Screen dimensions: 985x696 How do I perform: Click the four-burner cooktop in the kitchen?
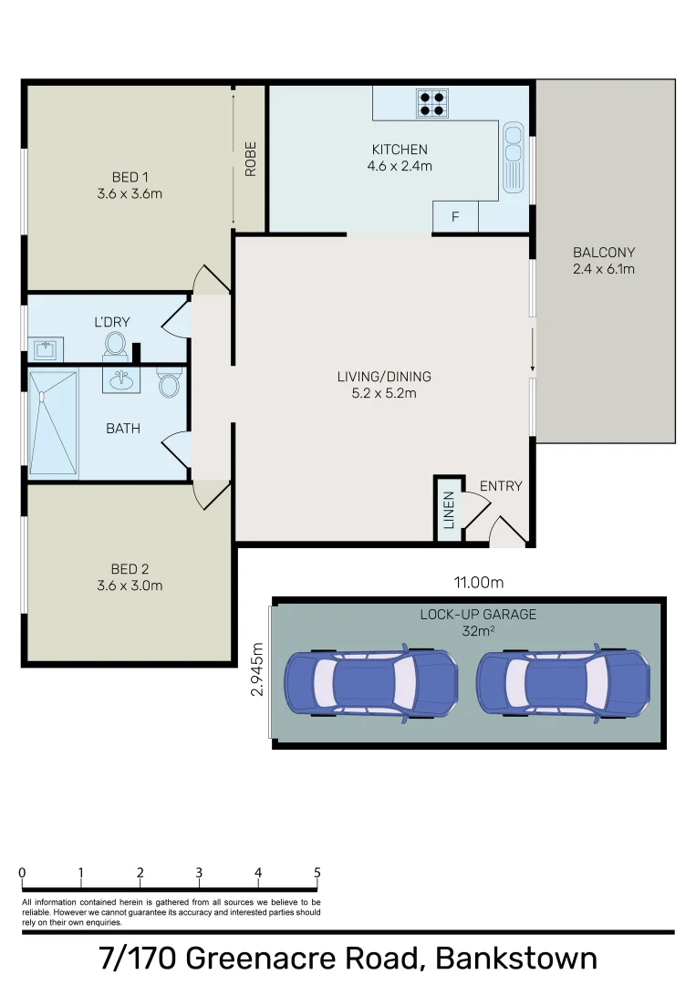431,103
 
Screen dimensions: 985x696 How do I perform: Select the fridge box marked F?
455,217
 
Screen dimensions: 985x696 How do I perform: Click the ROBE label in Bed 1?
250,158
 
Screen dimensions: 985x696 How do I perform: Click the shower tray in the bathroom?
53,424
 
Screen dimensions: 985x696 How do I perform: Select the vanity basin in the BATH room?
120,379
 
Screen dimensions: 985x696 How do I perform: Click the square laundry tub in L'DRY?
45,349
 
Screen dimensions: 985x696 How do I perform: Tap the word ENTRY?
501,486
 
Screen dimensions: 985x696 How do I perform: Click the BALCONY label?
603,253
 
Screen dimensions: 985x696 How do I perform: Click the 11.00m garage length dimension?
479,582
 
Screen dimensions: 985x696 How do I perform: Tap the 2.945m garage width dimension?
257,670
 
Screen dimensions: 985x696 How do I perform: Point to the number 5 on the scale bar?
317,873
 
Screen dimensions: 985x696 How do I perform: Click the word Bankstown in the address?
516,959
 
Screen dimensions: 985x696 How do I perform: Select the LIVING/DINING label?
383,377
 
